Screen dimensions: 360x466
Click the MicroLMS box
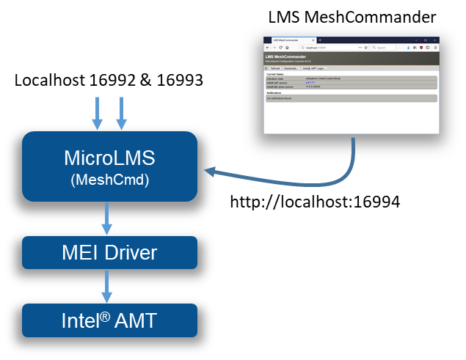coord(109,158)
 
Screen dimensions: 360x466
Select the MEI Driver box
coord(109,253)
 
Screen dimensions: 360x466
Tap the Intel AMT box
coord(109,320)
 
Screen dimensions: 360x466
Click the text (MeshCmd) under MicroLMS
coord(109,180)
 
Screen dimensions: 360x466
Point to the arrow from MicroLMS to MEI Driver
coord(107,218)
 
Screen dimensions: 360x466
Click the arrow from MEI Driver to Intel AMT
coord(107,286)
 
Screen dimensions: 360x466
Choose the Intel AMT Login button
coord(314,68)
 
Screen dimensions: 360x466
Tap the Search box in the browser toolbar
coord(385,47)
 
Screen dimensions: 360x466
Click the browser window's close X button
coord(436,39)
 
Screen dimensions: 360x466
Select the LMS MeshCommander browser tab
coord(291,40)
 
